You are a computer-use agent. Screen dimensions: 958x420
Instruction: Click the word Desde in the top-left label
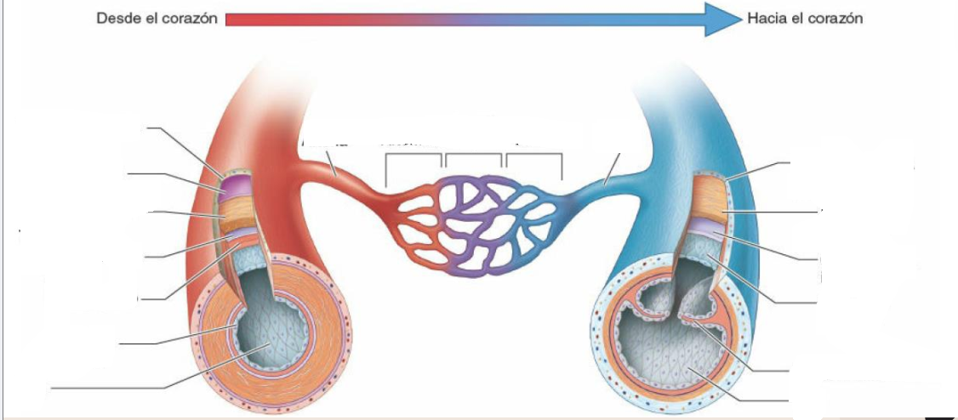click(117, 19)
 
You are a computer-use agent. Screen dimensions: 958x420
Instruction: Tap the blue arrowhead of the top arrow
click(723, 19)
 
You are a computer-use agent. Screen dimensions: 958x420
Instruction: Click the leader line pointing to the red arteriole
click(330, 163)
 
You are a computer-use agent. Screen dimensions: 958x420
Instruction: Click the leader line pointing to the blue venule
click(612, 168)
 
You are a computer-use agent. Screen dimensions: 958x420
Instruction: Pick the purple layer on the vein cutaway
click(708, 228)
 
